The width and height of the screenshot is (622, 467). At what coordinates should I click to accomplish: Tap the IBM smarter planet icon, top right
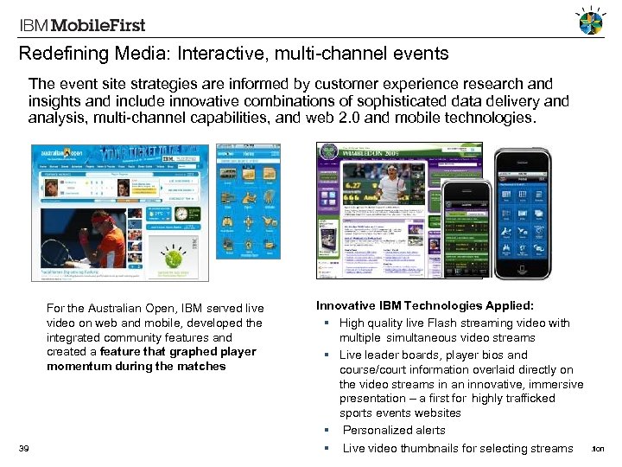[592, 22]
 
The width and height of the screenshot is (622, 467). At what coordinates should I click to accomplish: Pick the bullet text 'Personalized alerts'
[394, 430]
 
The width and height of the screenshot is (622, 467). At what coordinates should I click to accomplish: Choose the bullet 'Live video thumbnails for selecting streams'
[457, 448]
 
